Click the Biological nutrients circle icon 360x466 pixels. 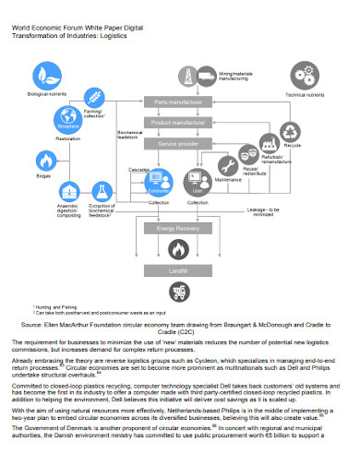48,76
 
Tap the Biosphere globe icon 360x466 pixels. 67,116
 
